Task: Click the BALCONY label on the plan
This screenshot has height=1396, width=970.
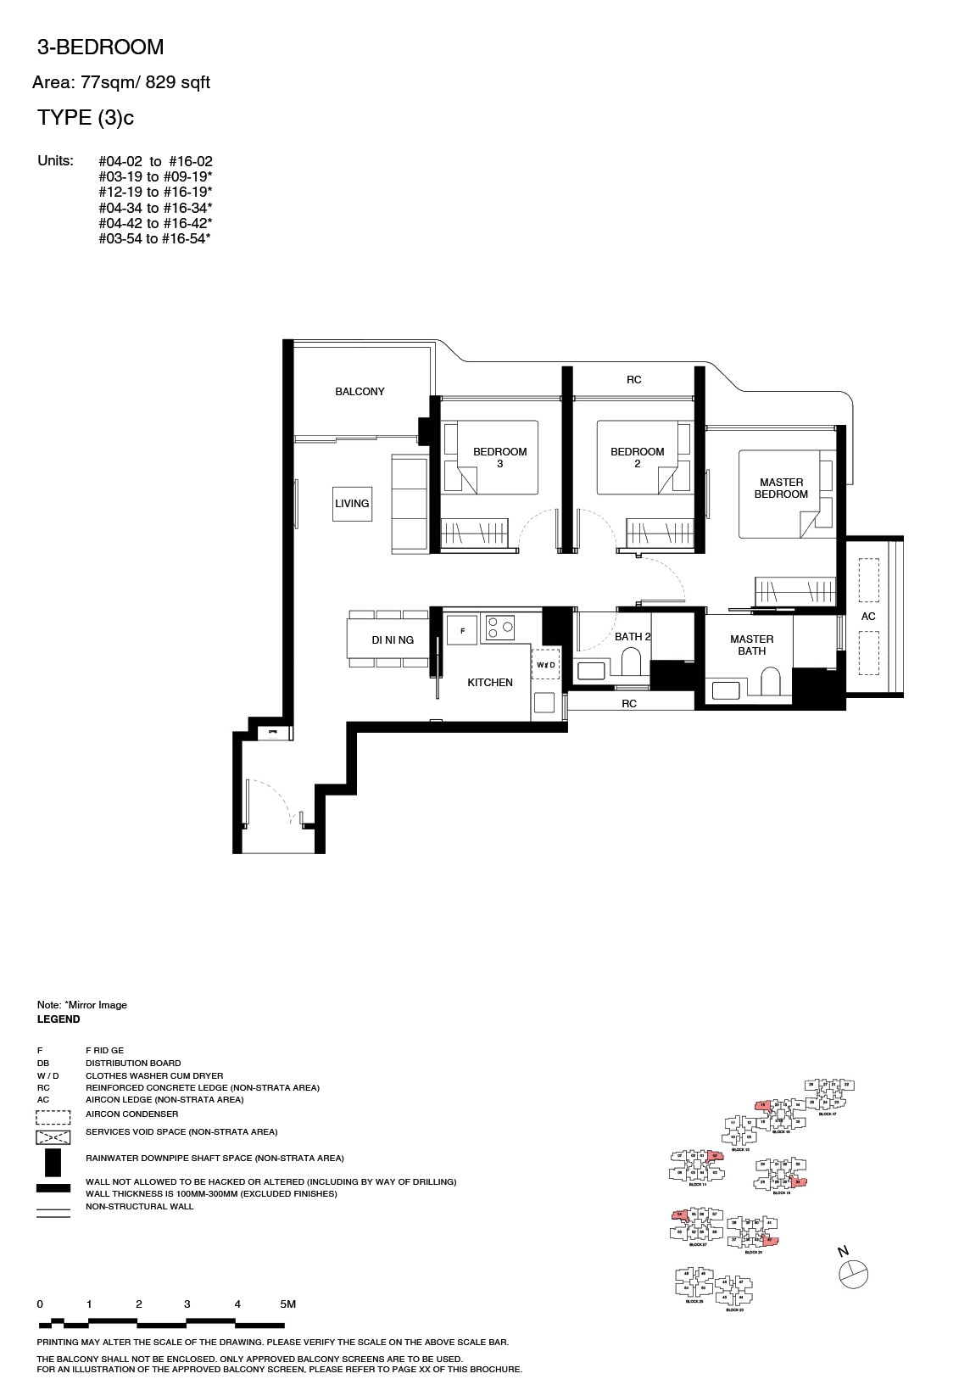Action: click(x=360, y=392)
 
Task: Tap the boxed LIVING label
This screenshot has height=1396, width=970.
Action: click(x=352, y=504)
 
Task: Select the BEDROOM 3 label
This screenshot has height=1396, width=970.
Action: click(x=499, y=457)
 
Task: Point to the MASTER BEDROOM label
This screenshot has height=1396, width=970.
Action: click(x=781, y=489)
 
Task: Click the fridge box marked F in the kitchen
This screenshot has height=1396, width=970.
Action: click(x=462, y=631)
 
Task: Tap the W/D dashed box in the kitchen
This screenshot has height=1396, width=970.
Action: click(x=545, y=665)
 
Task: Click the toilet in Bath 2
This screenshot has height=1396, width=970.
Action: click(x=632, y=662)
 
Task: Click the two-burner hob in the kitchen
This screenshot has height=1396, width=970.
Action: click(x=499, y=628)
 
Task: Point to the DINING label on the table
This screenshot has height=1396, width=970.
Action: click(x=392, y=640)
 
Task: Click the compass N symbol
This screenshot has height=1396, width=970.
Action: click(x=853, y=1272)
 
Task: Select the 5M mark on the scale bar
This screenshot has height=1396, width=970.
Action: click(x=287, y=1304)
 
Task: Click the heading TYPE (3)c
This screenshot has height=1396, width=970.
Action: click(x=86, y=119)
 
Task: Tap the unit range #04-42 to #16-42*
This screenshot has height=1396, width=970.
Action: click(x=155, y=223)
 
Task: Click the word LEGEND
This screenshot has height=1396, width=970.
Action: click(x=59, y=1019)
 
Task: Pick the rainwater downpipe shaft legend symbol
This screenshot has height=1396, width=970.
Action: click(x=53, y=1159)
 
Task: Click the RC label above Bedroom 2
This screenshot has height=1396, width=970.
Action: click(x=633, y=380)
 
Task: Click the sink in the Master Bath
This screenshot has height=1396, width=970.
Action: click(x=726, y=687)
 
